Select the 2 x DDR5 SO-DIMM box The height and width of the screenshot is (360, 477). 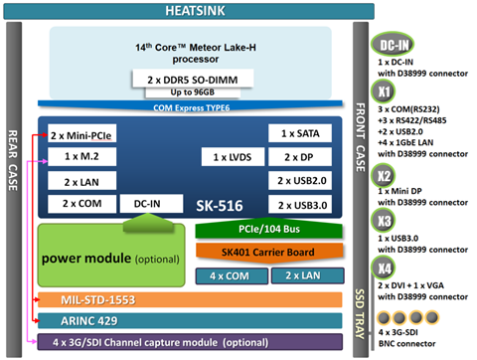tap(188, 78)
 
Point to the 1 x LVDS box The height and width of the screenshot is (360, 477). tap(231, 157)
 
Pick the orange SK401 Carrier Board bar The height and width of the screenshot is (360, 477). tap(269, 253)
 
